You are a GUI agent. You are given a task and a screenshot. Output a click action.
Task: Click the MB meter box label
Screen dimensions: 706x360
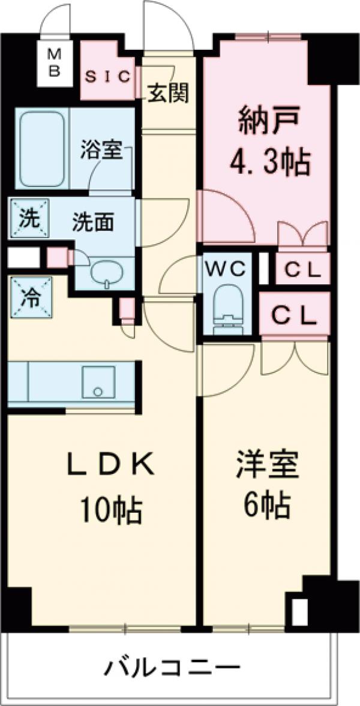tap(55, 62)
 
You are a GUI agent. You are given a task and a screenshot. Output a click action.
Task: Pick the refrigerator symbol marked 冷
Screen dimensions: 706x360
tap(28, 297)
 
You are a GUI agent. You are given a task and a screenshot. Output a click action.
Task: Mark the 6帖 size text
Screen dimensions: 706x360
tap(267, 506)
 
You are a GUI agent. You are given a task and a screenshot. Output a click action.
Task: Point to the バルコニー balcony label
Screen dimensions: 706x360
tap(174, 666)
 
